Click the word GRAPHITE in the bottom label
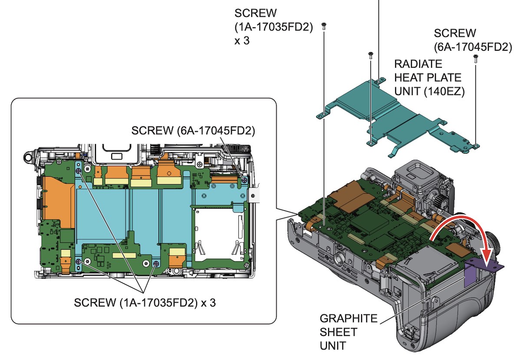349,318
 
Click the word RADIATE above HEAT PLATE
412,64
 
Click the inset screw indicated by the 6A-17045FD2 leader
244,179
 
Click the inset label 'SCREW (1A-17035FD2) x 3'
145,303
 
